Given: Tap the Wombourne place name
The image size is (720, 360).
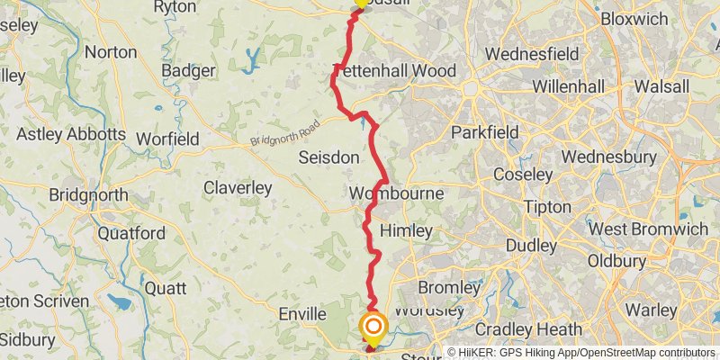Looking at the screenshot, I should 395,193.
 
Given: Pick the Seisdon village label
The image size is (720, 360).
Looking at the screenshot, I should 328,157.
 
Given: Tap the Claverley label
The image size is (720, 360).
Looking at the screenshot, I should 238,188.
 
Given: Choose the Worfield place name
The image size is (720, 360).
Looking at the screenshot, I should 166,139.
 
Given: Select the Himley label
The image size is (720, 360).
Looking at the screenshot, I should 406,231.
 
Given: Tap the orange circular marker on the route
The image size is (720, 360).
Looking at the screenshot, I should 372,328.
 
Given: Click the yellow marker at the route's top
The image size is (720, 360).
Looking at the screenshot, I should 361,3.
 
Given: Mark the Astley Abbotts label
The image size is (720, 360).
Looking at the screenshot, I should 71,134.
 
